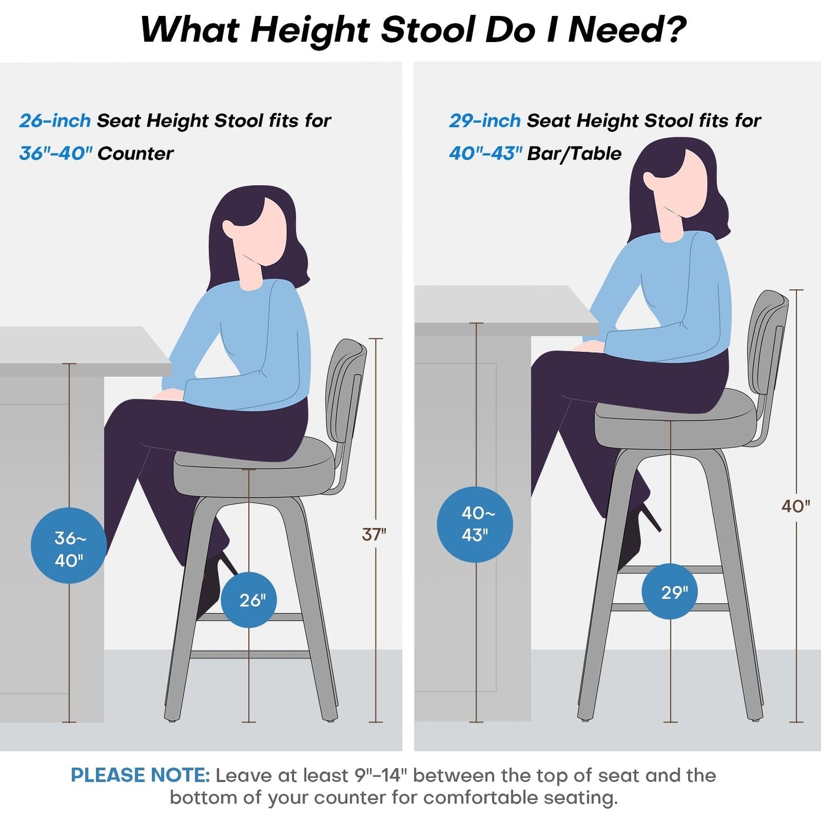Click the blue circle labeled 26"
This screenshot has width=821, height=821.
[x=249, y=600]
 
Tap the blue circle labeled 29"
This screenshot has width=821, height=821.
[x=670, y=591]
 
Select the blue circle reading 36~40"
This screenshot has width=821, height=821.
[x=69, y=546]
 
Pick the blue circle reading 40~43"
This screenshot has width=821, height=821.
[x=475, y=524]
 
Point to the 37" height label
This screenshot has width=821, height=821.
[x=374, y=534]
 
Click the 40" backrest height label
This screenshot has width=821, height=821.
[x=795, y=506]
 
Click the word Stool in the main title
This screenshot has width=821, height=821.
[x=428, y=30]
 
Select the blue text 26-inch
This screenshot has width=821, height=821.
[x=55, y=121]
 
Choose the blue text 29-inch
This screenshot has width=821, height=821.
[x=485, y=121]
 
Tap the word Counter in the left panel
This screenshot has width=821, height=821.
[x=135, y=153]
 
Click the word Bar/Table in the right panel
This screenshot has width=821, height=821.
[x=574, y=153]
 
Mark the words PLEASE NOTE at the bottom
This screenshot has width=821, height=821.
[x=140, y=776]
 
